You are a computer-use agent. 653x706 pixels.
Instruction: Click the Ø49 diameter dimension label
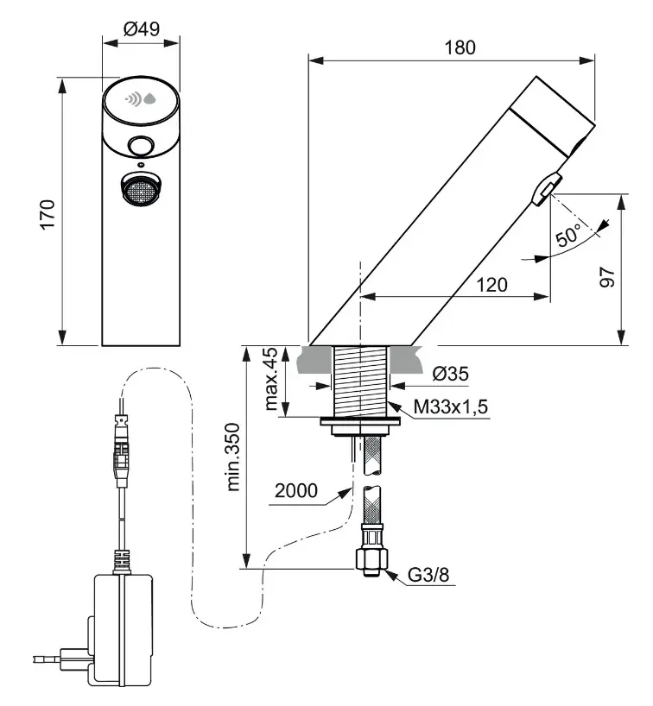tap(142, 28)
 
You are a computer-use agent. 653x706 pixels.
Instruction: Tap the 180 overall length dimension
tap(460, 47)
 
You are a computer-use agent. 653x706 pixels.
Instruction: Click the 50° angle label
tap(571, 235)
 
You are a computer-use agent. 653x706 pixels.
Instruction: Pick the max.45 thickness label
tap(271, 380)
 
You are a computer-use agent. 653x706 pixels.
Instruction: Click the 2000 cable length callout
tap(296, 491)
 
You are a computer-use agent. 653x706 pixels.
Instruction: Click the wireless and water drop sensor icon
tap(142, 99)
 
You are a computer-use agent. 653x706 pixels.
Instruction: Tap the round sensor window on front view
tap(140, 145)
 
